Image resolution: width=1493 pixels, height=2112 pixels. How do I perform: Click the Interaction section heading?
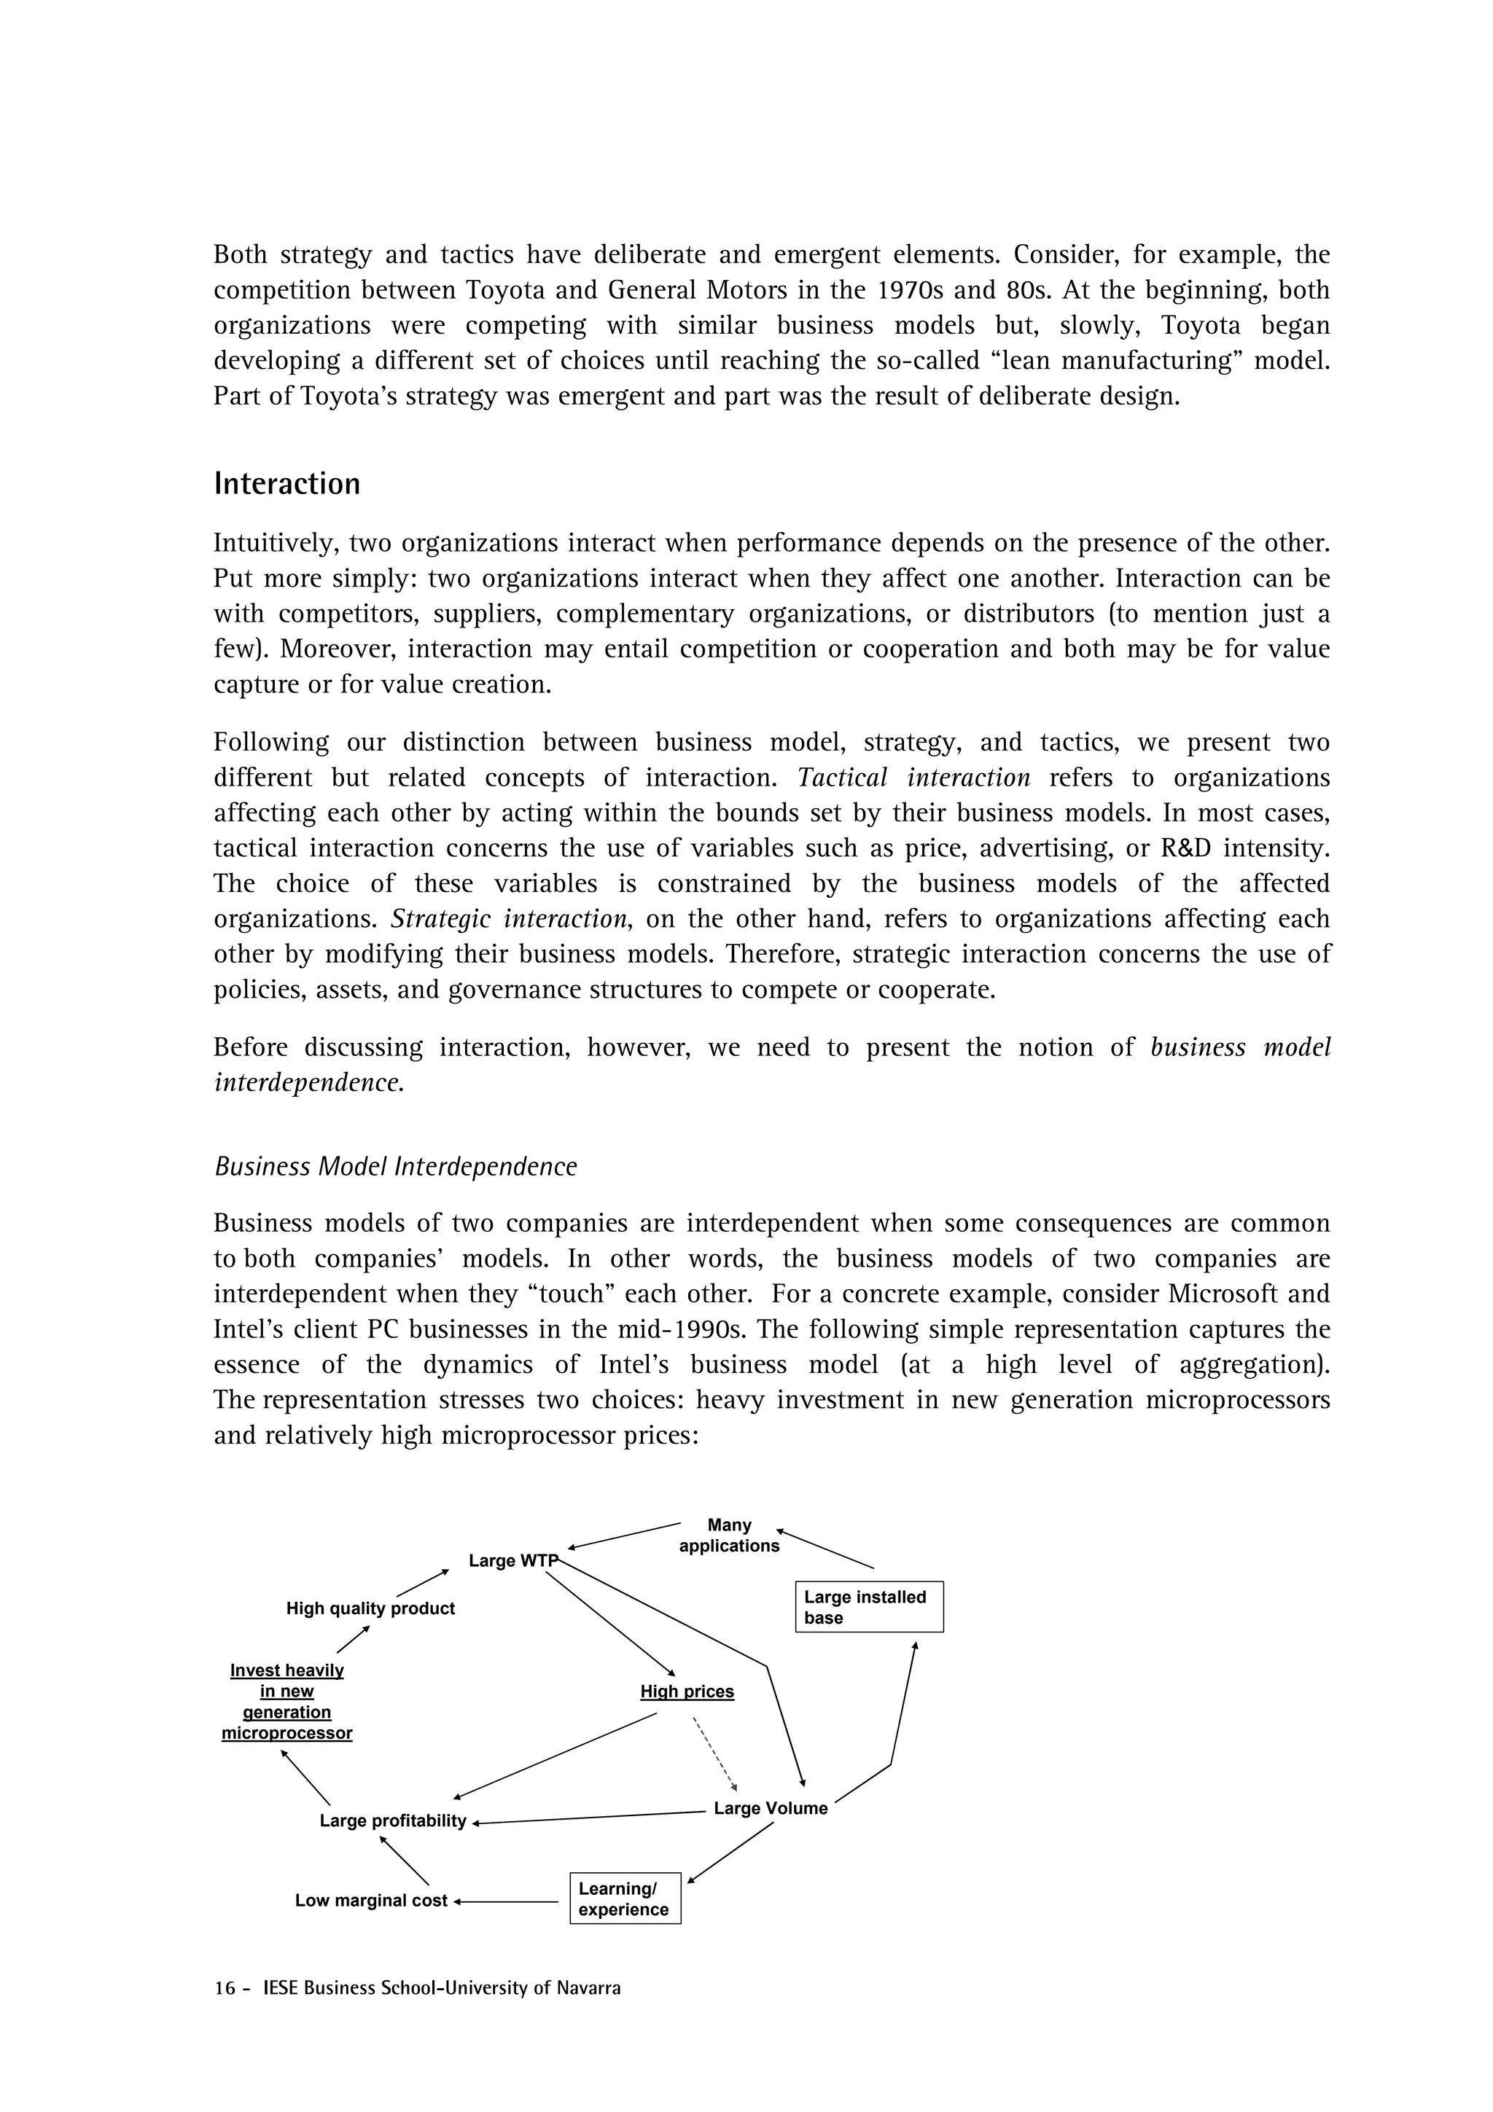coord(287,485)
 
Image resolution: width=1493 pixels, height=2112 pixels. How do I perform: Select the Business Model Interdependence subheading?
coord(396,1166)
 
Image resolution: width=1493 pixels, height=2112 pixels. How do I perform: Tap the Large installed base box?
coord(868,1607)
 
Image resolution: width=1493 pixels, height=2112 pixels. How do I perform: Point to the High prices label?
coord(687,1691)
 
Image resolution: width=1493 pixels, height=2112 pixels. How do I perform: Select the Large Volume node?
coord(770,1808)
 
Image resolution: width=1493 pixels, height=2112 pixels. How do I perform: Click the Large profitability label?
coord(393,1821)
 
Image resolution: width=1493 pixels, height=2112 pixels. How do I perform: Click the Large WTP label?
coord(512,1561)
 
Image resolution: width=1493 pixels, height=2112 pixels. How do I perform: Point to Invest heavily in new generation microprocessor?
coord(287,1702)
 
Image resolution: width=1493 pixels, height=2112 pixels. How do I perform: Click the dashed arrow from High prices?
coord(714,1755)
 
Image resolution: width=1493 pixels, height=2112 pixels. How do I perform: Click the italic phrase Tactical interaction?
coord(913,778)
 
